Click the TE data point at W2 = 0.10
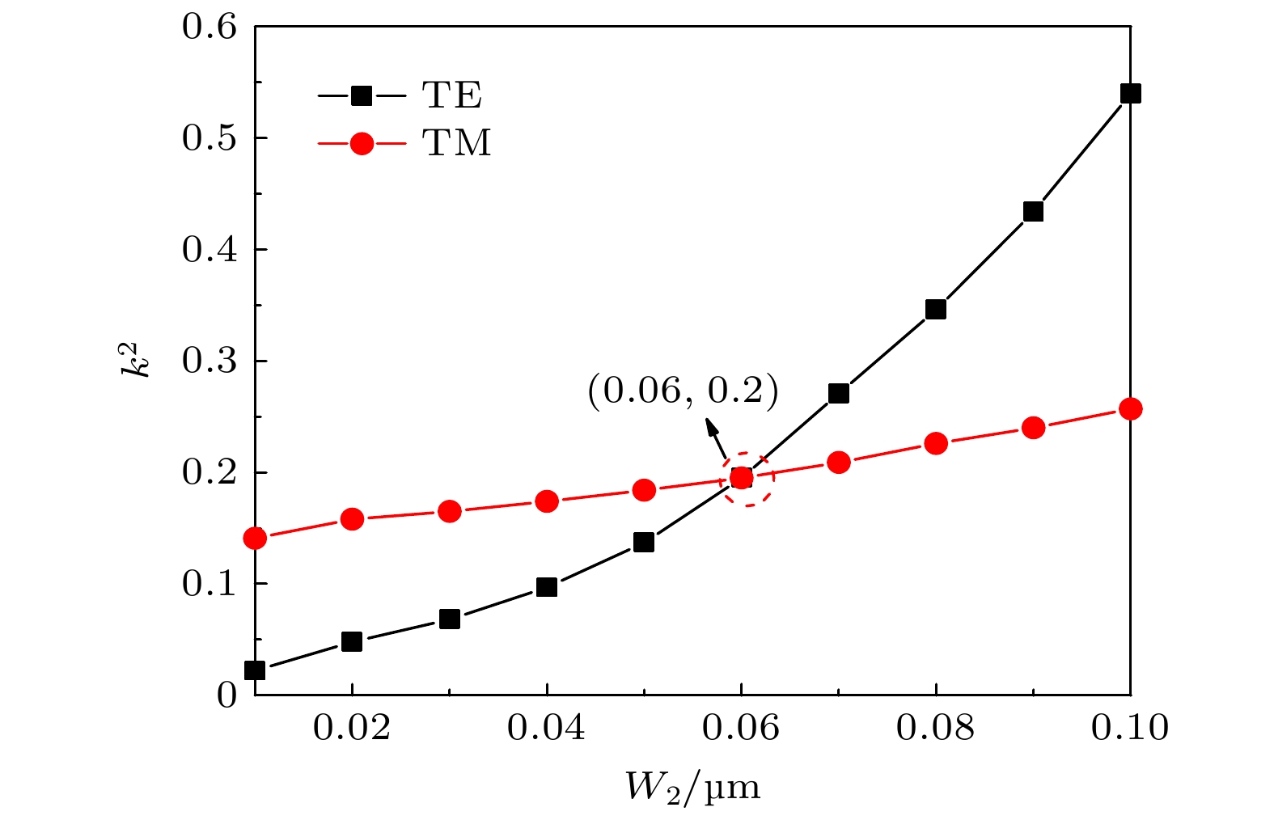coord(1130,94)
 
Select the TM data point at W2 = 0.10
coord(1130,408)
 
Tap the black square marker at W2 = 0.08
coord(936,310)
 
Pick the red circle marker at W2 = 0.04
coord(547,501)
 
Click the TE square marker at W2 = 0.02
coord(352,642)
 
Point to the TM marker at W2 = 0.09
coord(1033,428)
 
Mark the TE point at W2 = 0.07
coord(839,394)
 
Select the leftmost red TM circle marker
coord(255,538)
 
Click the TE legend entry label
coord(452,95)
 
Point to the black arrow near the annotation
coord(716,437)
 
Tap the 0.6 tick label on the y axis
coord(209,27)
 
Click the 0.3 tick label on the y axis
coord(209,361)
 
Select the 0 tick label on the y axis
coord(227,695)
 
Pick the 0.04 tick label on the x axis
coord(547,729)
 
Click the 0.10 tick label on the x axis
coord(1130,729)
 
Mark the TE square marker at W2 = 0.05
coord(644,542)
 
